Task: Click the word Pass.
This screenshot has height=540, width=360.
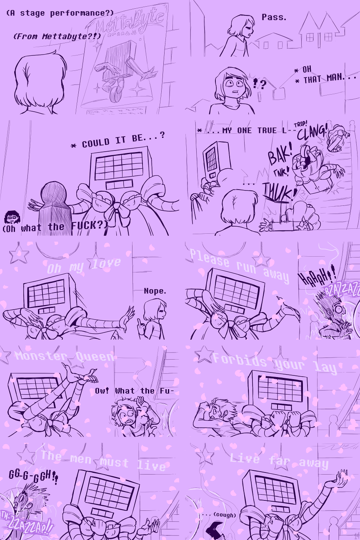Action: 274,17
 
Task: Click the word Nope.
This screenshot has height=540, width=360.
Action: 155,291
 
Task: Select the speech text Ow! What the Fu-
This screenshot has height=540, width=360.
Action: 134,391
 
